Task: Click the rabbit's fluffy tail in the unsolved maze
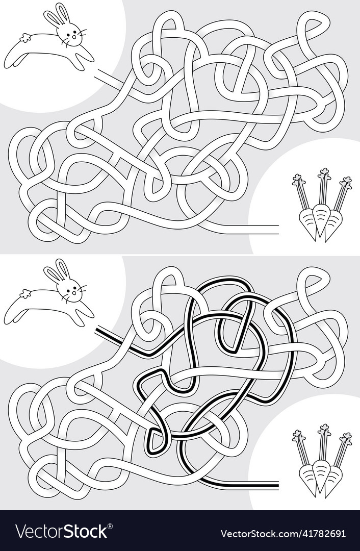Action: coord(23,37)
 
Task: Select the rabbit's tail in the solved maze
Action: coord(23,294)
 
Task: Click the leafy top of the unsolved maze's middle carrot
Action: coord(323,176)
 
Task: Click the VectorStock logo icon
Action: coord(23,531)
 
